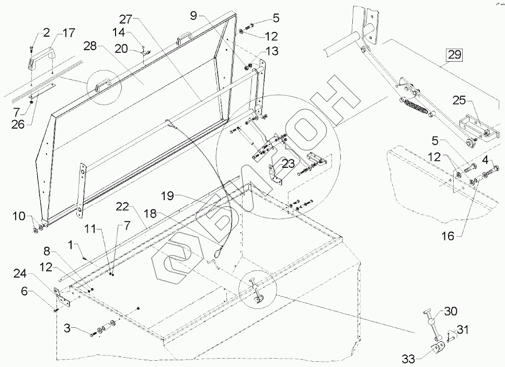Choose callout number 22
tap(122, 208)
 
